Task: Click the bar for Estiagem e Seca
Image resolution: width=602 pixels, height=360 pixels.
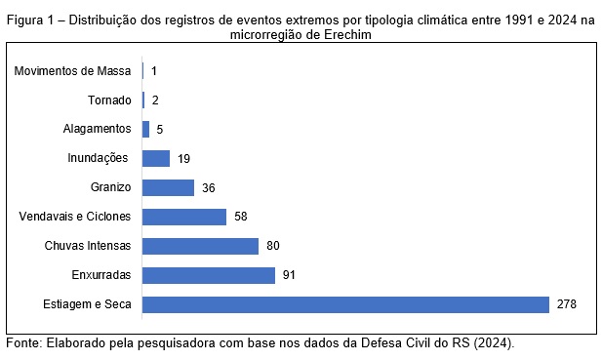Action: pyautogui.click(x=345, y=304)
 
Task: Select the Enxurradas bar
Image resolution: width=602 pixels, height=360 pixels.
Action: pyautogui.click(x=209, y=275)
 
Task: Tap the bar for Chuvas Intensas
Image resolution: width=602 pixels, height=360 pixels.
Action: pyautogui.click(x=200, y=246)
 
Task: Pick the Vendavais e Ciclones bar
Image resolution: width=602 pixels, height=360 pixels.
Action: pyautogui.click(x=184, y=217)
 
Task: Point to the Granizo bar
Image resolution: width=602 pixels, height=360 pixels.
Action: pyautogui.click(x=168, y=187)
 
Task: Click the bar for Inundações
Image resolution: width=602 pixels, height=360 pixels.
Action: pyautogui.click(x=156, y=158)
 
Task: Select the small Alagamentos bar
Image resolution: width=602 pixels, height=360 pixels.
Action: pyautogui.click(x=146, y=130)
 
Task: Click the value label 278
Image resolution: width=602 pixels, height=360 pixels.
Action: pyautogui.click(x=567, y=304)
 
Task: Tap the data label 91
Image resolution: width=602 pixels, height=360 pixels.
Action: pyautogui.click(x=289, y=275)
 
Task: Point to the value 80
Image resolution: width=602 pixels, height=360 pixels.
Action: pyautogui.click(x=273, y=246)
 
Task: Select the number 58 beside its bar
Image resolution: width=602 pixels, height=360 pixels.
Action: pyautogui.click(x=241, y=217)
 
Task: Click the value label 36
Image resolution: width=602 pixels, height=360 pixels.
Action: pyautogui.click(x=209, y=188)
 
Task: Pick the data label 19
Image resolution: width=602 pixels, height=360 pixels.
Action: pyautogui.click(x=183, y=159)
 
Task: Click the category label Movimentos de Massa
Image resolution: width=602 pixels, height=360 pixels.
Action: pyautogui.click(x=72, y=71)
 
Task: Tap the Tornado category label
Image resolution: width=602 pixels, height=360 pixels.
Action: pyautogui.click(x=110, y=100)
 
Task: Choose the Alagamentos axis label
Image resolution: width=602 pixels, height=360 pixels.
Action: pyautogui.click(x=98, y=129)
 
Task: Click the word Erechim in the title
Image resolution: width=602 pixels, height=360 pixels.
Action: pyautogui.click(x=348, y=35)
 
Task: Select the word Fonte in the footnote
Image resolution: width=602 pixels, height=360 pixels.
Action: pyautogui.click(x=23, y=342)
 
